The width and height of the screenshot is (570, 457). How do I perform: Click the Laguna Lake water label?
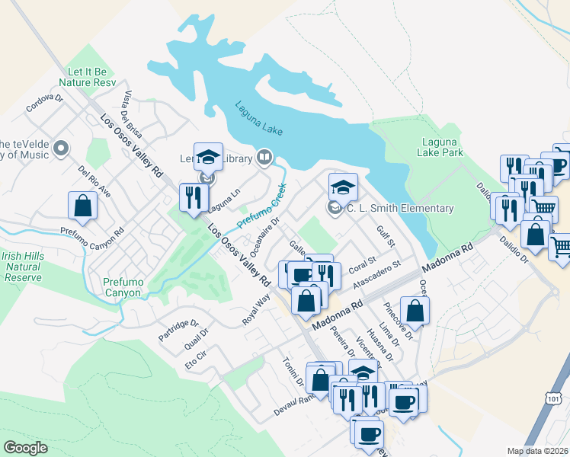point(258,119)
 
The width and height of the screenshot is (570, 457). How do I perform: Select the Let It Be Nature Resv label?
point(90,76)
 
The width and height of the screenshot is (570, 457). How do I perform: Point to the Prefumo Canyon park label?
point(123,287)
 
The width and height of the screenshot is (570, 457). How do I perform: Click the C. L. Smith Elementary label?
point(400,208)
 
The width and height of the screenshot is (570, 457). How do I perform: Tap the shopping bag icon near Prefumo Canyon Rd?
point(82,206)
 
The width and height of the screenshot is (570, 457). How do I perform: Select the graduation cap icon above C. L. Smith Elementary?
point(343,187)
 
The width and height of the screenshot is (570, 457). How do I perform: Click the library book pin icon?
point(264,157)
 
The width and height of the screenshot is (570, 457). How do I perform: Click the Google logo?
point(25,447)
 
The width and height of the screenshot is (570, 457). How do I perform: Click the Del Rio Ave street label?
point(94,182)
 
